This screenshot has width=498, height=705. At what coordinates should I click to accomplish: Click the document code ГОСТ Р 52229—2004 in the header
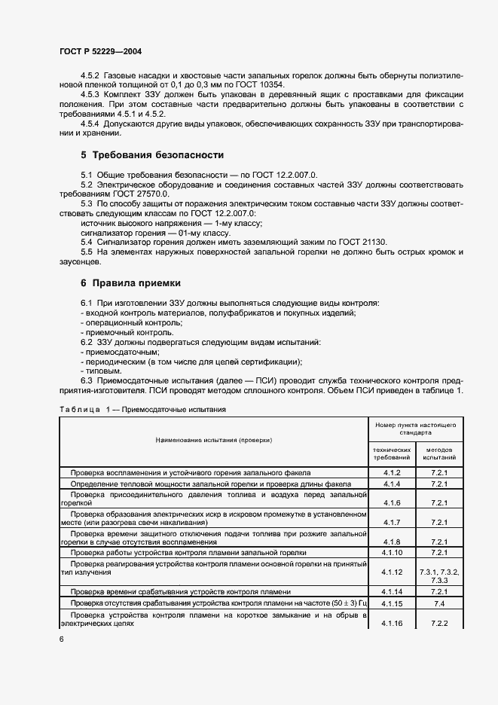[x=100, y=51]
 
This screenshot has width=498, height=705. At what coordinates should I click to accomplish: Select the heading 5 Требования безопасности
[x=151, y=155]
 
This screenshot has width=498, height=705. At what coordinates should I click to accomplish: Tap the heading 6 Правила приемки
[x=130, y=283]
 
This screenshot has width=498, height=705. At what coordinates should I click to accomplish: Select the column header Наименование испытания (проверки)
[x=214, y=439]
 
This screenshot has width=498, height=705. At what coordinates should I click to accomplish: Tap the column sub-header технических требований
[x=391, y=453]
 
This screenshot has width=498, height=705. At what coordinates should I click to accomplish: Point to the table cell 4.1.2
[x=391, y=472]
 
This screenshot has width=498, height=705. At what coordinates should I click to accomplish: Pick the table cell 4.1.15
[x=391, y=603]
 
